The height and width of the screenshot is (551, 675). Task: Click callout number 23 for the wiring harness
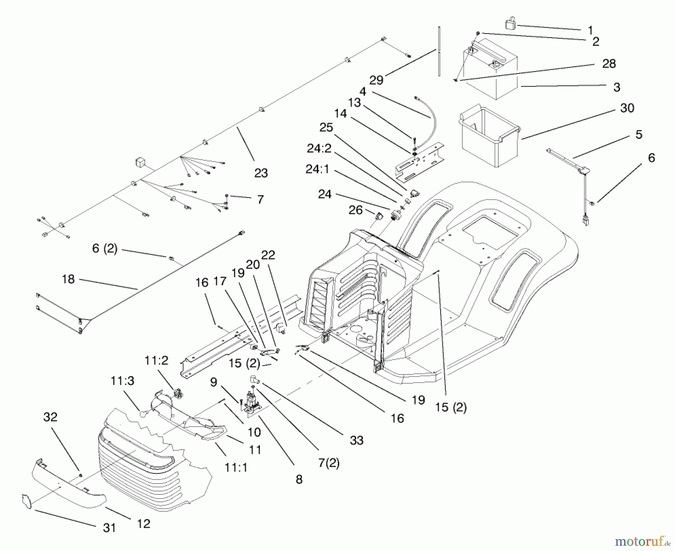[261, 173]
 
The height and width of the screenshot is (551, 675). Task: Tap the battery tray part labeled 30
[487, 137]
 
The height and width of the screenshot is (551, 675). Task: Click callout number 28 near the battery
[609, 63]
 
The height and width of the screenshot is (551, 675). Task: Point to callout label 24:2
[319, 149]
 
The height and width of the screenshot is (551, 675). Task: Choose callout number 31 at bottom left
[109, 528]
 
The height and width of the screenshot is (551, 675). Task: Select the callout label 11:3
[122, 381]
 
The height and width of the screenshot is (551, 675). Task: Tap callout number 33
[356, 440]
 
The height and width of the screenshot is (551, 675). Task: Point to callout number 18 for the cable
[68, 279]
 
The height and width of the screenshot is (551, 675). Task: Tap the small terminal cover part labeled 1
[510, 24]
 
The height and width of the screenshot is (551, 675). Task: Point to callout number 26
[355, 210]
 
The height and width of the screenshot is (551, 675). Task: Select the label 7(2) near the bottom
[328, 463]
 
